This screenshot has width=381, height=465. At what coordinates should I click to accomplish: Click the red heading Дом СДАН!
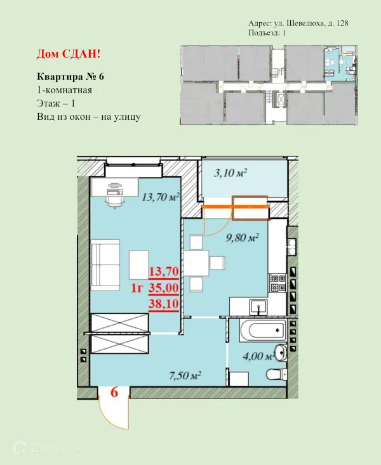[69, 54]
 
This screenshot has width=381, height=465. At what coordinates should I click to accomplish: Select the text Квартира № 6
[70, 77]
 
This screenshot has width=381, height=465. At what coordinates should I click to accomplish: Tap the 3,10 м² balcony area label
[231, 173]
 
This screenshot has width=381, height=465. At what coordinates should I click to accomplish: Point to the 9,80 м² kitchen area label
[243, 237]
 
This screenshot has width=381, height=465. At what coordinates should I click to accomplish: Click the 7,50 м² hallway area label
[185, 376]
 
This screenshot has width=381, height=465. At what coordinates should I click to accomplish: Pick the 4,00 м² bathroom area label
[258, 356]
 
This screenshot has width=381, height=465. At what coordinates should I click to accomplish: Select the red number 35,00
[164, 287]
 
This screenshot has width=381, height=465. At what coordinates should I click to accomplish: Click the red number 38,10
[164, 304]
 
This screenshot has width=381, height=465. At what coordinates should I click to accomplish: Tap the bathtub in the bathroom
[263, 331]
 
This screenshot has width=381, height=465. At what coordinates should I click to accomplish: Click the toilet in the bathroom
[276, 374]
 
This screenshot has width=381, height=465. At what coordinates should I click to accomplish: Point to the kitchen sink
[258, 307]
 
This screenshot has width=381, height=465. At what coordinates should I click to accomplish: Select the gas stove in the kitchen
[277, 283]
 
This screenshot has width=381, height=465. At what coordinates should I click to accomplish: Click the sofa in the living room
[105, 265]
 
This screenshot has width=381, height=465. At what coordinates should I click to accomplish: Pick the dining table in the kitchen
[196, 263]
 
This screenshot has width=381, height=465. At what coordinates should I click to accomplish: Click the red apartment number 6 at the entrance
[114, 392]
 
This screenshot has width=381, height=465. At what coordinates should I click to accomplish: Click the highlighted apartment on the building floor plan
[340, 63]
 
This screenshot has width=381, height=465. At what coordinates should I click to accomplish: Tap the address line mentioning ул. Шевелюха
[298, 23]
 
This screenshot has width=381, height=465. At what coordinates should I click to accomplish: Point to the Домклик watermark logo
[48, 447]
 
